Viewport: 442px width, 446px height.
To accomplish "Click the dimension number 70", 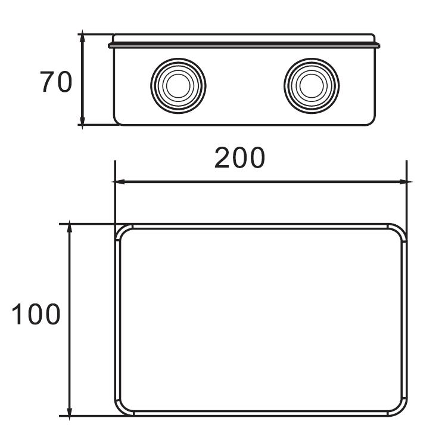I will tap(56, 82).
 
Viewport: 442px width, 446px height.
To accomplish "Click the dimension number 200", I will tap(240, 158).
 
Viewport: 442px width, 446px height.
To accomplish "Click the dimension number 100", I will tap(36, 314).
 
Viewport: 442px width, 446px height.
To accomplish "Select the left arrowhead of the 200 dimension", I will tap(119, 182).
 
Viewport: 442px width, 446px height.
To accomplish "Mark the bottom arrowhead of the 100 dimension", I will tap(70, 412).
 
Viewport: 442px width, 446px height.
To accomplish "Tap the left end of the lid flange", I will tap(110, 44).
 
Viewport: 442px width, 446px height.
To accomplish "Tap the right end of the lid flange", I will tap(379, 44).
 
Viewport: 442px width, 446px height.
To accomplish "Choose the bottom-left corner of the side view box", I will tap(117, 122).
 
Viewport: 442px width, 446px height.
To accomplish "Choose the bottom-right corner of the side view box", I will tap(373, 122).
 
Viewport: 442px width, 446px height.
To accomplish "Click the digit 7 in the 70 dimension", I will tap(48, 82).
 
